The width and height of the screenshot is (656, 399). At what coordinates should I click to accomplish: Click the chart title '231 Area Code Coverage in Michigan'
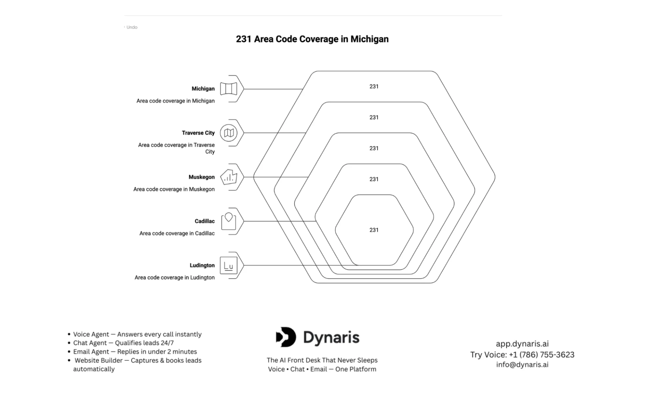[312, 39]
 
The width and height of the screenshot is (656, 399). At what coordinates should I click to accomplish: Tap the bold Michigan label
[203, 89]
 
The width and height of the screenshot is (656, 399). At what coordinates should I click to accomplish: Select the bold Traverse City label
[198, 133]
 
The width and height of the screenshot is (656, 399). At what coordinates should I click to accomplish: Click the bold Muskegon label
[201, 177]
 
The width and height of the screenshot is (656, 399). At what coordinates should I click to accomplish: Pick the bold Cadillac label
[204, 221]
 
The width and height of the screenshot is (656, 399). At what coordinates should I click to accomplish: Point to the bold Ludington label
[202, 265]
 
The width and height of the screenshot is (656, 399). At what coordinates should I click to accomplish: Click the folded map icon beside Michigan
[228, 89]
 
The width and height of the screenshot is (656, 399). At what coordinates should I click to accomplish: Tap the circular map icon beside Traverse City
[228, 133]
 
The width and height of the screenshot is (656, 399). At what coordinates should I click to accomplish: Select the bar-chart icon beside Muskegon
[228, 177]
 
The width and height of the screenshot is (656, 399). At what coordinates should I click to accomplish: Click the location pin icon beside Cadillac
[228, 221]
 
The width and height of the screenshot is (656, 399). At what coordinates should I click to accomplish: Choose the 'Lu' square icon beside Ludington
[228, 265]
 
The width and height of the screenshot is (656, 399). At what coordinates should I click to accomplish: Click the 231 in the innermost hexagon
[374, 230]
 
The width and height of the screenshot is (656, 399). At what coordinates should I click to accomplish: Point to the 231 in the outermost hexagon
[374, 86]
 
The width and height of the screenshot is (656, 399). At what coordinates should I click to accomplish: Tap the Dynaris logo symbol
[286, 337]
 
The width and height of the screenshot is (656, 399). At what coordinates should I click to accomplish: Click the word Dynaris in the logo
[331, 338]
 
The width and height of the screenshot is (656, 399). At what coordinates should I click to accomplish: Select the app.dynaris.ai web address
[522, 344]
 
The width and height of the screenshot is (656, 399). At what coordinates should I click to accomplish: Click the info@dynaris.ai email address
[522, 364]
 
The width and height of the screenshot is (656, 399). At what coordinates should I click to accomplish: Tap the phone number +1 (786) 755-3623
[541, 355]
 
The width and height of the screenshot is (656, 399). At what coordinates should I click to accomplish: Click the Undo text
[132, 27]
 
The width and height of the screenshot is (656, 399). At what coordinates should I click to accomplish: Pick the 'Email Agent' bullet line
[135, 352]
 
